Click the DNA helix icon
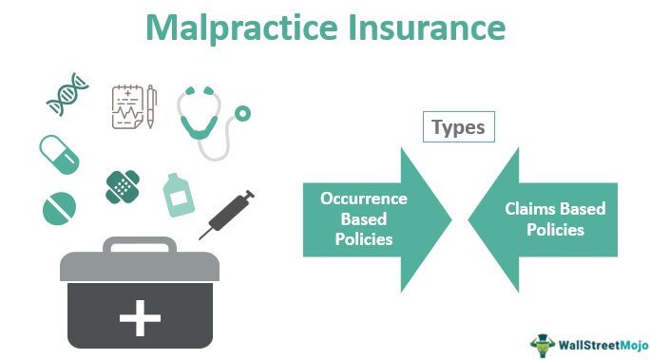[x=67, y=95]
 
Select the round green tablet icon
[x=58, y=207]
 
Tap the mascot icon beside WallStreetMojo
[x=543, y=339]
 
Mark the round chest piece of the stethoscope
[x=244, y=111]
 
